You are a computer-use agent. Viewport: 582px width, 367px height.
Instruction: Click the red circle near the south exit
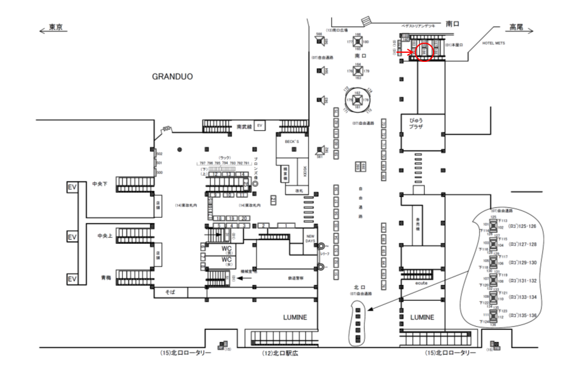tap(425, 52)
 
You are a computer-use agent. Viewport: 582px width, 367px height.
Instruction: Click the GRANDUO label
tap(172, 77)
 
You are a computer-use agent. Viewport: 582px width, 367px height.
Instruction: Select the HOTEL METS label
tap(494, 44)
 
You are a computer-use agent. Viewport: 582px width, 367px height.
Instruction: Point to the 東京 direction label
tap(55, 28)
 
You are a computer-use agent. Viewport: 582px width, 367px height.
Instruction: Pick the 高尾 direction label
tap(516, 28)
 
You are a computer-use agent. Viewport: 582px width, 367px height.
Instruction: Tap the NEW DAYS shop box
tap(310, 239)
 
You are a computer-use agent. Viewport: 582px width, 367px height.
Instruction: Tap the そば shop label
tap(170, 292)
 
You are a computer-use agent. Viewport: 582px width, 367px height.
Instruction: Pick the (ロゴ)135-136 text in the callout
tap(523, 315)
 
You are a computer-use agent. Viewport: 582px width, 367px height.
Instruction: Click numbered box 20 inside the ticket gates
tap(242, 218)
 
